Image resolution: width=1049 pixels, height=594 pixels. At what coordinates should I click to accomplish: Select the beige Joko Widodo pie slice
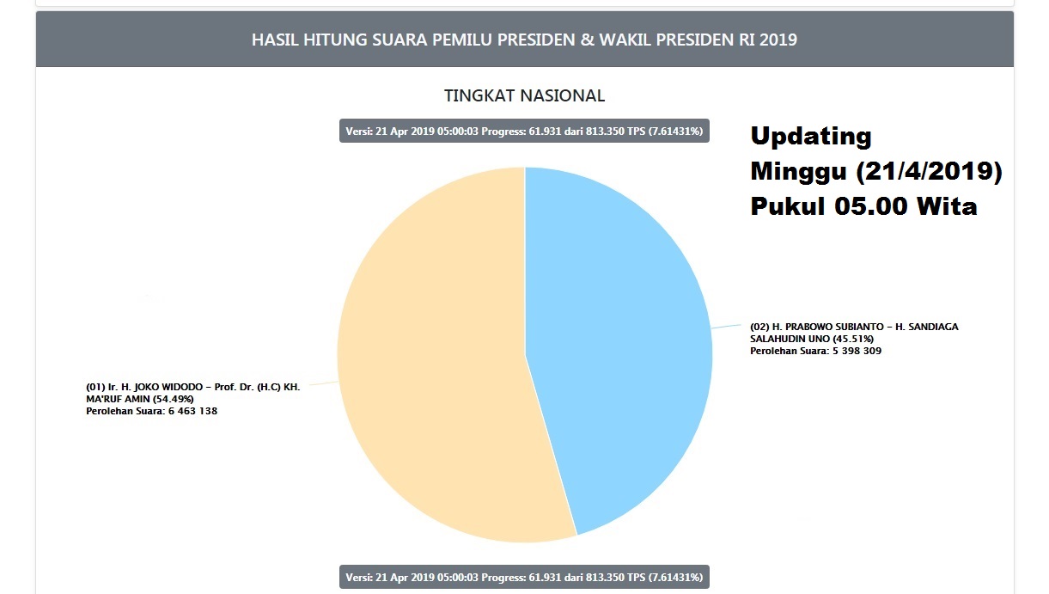(430, 370)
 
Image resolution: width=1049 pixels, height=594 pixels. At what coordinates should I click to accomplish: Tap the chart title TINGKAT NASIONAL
(524, 95)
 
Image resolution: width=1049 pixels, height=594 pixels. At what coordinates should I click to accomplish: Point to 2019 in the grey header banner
(778, 40)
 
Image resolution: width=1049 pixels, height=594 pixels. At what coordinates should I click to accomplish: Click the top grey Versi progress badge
(524, 132)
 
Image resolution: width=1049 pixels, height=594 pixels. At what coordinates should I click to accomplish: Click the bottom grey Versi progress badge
(524, 576)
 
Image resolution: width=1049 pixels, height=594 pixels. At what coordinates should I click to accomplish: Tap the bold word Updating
(811, 136)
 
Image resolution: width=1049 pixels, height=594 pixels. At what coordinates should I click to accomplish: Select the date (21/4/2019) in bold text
(929, 171)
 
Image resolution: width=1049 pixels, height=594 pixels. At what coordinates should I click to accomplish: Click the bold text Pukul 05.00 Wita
(863, 206)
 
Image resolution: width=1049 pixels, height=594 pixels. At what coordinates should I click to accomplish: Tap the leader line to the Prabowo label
(727, 327)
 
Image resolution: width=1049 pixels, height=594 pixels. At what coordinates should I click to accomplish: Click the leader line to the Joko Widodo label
(322, 384)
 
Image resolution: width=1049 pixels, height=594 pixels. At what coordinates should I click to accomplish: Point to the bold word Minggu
(799, 171)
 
